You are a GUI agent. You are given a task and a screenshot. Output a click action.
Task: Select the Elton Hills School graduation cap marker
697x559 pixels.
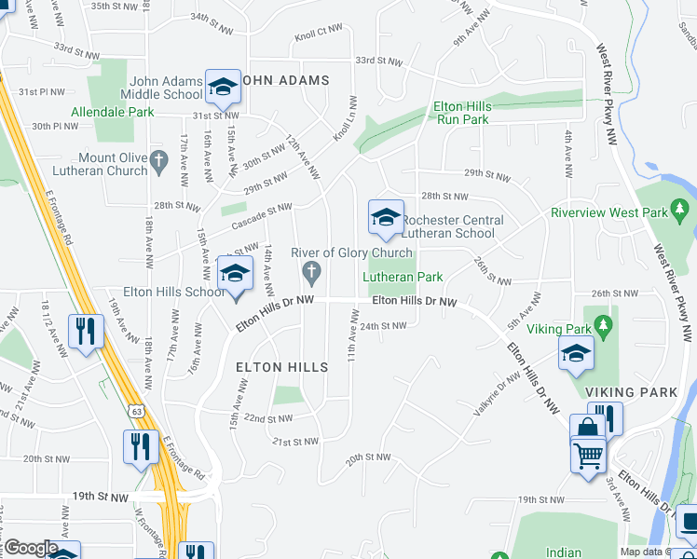[236, 274]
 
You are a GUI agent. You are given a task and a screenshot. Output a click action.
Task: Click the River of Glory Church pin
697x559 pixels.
[312, 272]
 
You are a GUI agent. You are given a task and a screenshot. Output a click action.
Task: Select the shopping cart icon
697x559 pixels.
[588, 456]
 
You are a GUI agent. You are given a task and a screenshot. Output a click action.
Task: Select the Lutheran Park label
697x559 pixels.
[403, 277]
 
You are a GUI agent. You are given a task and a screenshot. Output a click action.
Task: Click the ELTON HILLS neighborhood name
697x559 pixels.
[281, 367]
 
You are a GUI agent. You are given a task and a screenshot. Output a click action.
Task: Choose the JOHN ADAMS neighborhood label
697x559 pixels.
[285, 80]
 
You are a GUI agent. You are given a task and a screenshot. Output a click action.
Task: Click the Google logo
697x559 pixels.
[30, 548]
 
